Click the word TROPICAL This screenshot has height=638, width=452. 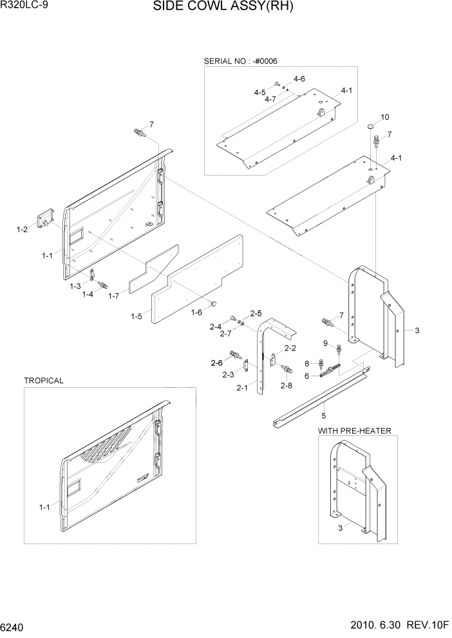click(x=44, y=381)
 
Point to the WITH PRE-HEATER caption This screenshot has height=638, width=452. click(x=355, y=430)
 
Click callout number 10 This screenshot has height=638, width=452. click(x=385, y=117)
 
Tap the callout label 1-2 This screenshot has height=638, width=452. click(x=22, y=229)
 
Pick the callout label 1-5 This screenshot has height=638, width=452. click(x=137, y=316)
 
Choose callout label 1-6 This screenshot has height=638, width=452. click(x=197, y=312)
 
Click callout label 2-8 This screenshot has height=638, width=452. click(x=286, y=385)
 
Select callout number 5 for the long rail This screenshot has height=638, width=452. click(x=324, y=415)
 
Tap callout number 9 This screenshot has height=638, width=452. click(x=326, y=343)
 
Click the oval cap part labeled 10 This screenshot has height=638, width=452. click(x=372, y=127)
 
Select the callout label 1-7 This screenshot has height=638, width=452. click(x=114, y=296)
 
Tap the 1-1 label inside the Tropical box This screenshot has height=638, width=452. click(x=44, y=507)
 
